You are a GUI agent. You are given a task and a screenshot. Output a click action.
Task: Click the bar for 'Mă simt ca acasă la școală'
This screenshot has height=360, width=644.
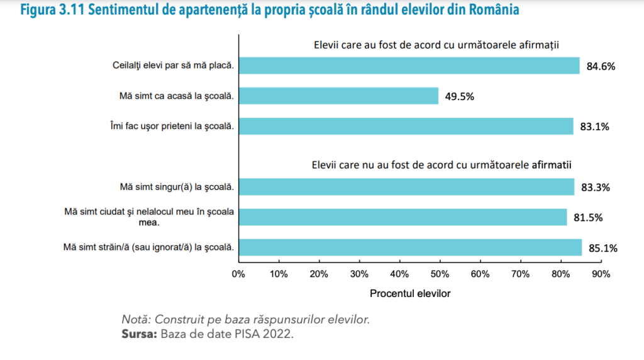pyautogui.click(x=338, y=96)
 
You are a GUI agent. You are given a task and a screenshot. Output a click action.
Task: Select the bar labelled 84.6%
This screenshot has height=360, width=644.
pyautogui.click(x=409, y=65)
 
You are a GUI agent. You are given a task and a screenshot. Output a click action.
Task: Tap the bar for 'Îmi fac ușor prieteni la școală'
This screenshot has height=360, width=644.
pyautogui.click(x=406, y=126)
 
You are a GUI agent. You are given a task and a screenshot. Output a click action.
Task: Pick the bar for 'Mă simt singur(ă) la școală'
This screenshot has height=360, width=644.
pyautogui.click(x=406, y=186)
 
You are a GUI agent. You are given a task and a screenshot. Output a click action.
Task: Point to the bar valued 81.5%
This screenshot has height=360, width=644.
pyautogui.click(x=402, y=217)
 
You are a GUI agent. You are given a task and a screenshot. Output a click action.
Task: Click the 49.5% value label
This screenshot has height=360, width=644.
pyautogui.click(x=460, y=97)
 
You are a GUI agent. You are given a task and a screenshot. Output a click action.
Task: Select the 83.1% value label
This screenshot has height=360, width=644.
pyautogui.click(x=594, y=127)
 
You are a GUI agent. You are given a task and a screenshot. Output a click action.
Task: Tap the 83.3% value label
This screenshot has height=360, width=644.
pyautogui.click(x=595, y=188)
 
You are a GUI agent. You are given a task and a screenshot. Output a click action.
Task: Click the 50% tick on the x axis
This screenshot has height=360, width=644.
pyautogui.click(x=440, y=274)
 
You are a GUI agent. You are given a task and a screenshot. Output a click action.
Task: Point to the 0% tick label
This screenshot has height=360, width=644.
pyautogui.click(x=238, y=274)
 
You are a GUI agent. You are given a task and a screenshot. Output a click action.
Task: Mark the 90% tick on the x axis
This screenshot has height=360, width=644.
pyautogui.click(x=601, y=274)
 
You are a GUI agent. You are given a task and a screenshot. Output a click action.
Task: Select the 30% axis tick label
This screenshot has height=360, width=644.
pyautogui.click(x=359, y=274)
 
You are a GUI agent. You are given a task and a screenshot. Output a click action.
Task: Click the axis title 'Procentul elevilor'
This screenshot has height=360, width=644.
pyautogui.click(x=410, y=293)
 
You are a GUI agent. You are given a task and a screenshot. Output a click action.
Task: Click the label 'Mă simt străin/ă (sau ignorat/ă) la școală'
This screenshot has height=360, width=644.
pyautogui.click(x=149, y=247)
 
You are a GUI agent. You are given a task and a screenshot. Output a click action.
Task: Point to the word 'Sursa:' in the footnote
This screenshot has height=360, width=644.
pyautogui.click(x=139, y=334)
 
